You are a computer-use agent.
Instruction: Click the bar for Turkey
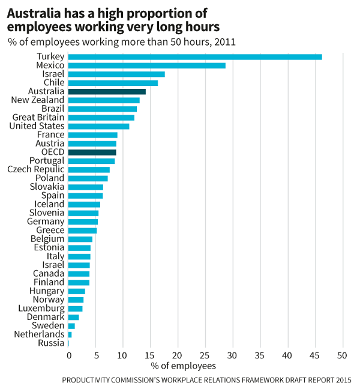click(195, 57)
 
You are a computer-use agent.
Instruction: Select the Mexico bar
click(147, 65)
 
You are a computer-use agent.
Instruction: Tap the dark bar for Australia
click(107, 92)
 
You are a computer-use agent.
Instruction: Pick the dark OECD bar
click(92, 152)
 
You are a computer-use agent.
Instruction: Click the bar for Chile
click(113, 83)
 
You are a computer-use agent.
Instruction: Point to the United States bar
click(98, 127)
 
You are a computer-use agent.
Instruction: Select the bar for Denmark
click(73, 317)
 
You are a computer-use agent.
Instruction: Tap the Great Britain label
click(38, 118)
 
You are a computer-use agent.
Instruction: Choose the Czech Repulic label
click(35, 170)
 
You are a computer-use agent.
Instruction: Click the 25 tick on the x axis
click(206, 354)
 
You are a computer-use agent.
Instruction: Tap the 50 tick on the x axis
click(343, 354)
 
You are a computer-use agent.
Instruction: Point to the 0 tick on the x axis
click(68, 354)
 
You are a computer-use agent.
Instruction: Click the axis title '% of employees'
click(183, 366)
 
